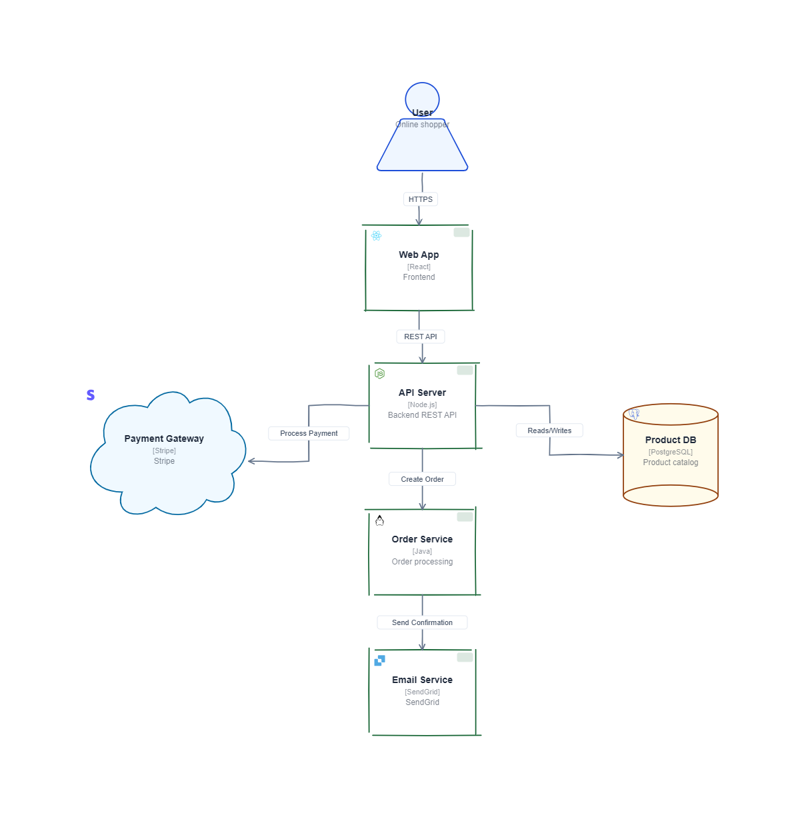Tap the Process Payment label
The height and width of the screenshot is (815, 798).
[x=309, y=434]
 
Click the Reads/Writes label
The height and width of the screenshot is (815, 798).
[x=550, y=431]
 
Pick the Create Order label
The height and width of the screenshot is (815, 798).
[x=423, y=480]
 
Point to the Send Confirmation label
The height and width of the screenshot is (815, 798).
[x=423, y=623]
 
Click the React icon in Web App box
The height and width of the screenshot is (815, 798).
[x=377, y=236]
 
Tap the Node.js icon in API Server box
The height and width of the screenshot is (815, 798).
[x=380, y=374]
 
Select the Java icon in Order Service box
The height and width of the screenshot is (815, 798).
[x=380, y=520]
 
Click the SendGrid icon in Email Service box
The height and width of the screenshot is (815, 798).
[x=380, y=661]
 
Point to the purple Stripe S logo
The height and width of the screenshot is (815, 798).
[x=91, y=395]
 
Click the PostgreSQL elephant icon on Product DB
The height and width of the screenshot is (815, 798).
[x=634, y=414]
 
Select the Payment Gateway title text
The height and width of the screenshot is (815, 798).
[x=164, y=439]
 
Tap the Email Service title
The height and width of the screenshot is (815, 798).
[x=423, y=680]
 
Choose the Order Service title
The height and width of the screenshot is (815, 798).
[x=423, y=540]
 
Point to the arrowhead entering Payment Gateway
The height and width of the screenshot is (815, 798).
[x=251, y=461]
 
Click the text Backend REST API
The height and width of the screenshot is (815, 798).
[x=423, y=415]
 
